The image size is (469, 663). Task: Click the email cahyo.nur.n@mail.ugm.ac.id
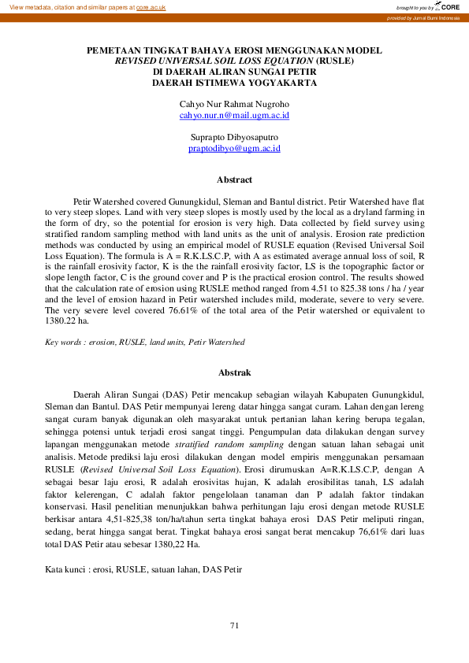click(x=235, y=115)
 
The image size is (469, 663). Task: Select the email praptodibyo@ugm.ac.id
click(x=235, y=148)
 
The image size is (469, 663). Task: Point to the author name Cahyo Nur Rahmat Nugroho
click(x=235, y=104)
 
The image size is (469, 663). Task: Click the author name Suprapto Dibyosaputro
click(x=235, y=137)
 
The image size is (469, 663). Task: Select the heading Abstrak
click(x=235, y=372)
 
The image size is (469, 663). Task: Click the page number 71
click(x=234, y=625)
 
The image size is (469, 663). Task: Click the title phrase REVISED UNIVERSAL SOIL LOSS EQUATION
click(x=214, y=60)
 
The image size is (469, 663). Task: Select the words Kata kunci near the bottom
click(x=65, y=569)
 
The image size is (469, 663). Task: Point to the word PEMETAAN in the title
click(x=111, y=50)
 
